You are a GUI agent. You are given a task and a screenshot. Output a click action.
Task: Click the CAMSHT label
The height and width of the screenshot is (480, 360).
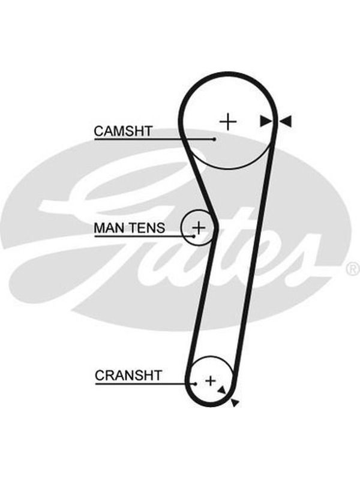coord(123,131)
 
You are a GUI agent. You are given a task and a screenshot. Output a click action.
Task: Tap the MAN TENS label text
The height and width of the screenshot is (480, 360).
coord(130,228)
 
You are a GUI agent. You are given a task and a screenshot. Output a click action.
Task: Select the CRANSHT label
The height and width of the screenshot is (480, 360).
coord(128,376)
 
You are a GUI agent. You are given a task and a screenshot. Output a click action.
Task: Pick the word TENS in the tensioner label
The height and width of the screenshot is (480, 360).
coord(147,228)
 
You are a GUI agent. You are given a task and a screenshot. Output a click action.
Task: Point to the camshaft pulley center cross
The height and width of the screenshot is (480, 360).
coord(228,122)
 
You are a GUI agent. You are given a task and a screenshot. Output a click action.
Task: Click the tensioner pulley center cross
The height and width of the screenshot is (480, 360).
coord(199,228)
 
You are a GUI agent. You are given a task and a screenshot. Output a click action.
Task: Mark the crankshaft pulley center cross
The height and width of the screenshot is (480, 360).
coord(211,381)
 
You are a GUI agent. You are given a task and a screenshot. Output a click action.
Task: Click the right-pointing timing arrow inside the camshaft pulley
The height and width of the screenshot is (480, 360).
coord(266,121)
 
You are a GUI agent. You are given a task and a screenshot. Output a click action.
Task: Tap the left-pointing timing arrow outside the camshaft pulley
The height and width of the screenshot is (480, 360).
coord(286,121)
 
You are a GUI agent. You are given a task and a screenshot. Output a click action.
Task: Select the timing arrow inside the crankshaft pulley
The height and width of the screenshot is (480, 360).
coord(222,389)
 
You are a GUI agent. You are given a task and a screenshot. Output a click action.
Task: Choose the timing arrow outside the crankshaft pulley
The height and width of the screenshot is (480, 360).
coord(235,403)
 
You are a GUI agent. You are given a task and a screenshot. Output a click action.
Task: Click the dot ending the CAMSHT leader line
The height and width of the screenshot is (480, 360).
coord(215,139)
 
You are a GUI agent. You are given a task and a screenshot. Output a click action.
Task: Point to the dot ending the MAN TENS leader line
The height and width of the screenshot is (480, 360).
coord(194,236)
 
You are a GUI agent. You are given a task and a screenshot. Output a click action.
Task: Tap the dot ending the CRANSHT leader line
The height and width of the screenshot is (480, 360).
coord(195,383)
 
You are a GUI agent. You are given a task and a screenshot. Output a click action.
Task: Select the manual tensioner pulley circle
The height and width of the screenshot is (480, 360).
coord(182,228)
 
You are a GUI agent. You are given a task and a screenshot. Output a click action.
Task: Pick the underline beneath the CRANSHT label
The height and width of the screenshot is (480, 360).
coord(145,383)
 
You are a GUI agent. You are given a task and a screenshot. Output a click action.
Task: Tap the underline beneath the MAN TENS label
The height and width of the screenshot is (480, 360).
coord(143,236)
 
